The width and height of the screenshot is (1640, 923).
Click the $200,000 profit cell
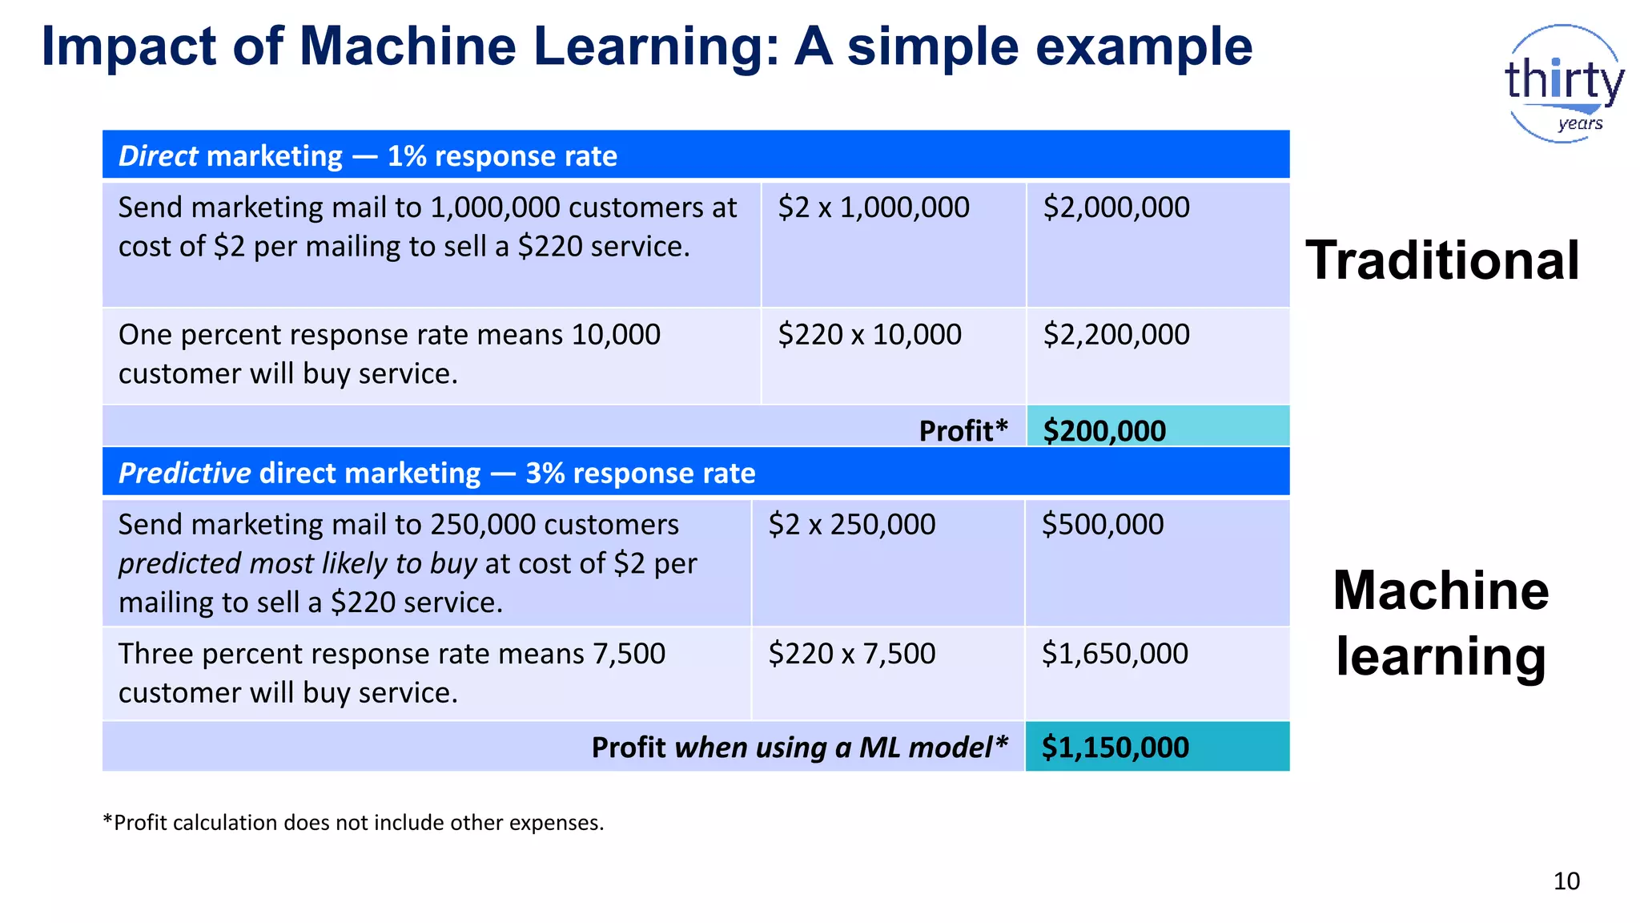[1104, 430]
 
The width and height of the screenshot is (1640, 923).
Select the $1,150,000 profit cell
[1115, 747]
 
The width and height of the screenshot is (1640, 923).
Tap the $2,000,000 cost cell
[1116, 208]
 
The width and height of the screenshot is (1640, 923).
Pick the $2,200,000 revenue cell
[1116, 335]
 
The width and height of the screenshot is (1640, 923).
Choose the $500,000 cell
[1103, 525]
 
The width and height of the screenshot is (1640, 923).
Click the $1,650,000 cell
[1115, 654]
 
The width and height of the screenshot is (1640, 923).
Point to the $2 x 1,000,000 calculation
[874, 208]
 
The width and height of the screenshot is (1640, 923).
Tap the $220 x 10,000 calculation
[870, 335]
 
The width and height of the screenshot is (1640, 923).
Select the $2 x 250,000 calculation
[852, 525]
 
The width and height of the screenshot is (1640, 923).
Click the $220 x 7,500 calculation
[852, 654]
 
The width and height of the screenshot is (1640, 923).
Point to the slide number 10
[1566, 881]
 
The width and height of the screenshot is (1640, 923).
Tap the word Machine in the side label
[1441, 590]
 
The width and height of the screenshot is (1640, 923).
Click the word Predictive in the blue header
[185, 474]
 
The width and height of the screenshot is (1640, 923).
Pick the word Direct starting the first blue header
[158, 156]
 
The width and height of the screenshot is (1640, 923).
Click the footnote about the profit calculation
[353, 823]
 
